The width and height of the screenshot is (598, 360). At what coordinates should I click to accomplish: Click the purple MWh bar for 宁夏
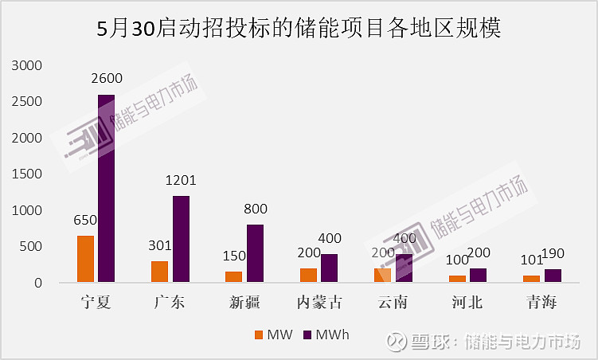(107, 189)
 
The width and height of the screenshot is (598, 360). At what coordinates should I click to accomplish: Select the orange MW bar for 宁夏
(85, 259)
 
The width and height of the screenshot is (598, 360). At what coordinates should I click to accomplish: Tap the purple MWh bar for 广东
(182, 239)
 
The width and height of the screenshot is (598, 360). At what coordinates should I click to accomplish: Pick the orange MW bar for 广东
(159, 272)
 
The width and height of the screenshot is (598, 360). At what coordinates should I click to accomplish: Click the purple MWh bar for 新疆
(255, 253)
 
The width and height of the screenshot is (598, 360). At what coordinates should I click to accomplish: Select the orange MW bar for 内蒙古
(308, 276)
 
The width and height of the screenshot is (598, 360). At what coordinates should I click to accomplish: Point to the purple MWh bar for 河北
(478, 276)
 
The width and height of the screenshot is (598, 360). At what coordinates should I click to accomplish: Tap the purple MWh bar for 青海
(553, 276)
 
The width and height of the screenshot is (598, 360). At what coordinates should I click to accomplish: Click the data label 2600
(107, 80)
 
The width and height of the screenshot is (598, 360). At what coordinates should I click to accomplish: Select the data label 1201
(182, 181)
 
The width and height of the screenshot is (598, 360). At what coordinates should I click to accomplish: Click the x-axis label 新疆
(244, 303)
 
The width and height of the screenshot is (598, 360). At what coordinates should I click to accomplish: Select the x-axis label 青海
(541, 303)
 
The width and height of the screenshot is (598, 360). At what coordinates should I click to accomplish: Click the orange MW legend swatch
(257, 335)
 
